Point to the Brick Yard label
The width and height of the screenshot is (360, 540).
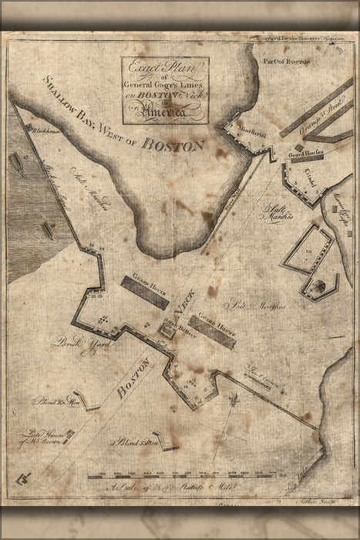(x=69, y=343)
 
